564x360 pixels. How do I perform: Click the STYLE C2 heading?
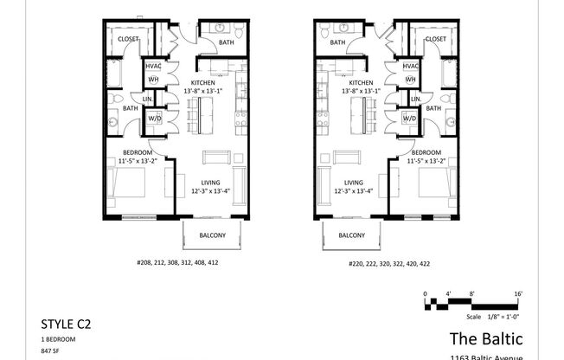[66, 325]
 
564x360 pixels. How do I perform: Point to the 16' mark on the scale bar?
[517, 295]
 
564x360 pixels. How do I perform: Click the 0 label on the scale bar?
[425, 295]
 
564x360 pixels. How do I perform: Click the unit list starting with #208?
[176, 262]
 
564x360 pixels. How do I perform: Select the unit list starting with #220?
[388, 262]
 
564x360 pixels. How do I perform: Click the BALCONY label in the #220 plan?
[350, 235]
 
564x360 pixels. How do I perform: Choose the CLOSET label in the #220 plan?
[436, 39]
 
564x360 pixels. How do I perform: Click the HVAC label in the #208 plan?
[153, 67]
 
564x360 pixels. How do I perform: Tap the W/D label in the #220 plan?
[408, 118]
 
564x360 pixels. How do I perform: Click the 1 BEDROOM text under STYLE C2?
[59, 340]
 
